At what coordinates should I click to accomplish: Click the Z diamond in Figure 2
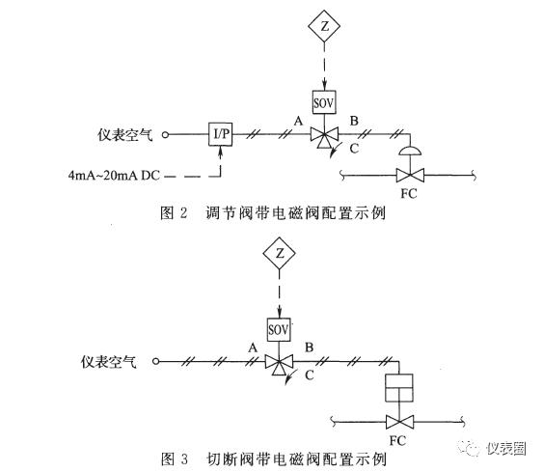click(324, 26)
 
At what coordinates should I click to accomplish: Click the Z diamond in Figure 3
click(279, 253)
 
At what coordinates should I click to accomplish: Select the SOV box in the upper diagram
click(324, 102)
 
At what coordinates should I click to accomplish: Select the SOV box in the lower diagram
click(279, 329)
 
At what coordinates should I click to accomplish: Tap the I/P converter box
click(221, 134)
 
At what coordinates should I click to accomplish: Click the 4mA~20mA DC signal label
click(114, 176)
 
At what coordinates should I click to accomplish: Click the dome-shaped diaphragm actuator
click(410, 151)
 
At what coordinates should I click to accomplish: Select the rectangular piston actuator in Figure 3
click(399, 387)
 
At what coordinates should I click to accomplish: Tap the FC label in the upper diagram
click(409, 193)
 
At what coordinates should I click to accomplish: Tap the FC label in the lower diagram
click(397, 440)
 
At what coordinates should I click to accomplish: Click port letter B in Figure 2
click(354, 121)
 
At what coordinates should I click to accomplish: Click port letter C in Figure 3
click(310, 375)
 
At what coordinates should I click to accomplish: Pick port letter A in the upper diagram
click(298, 122)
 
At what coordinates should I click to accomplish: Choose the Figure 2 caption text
click(273, 212)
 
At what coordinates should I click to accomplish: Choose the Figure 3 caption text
click(273, 459)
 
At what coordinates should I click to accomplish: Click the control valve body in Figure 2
click(410, 176)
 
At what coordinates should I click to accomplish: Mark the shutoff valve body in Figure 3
click(399, 422)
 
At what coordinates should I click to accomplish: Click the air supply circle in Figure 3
click(156, 361)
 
